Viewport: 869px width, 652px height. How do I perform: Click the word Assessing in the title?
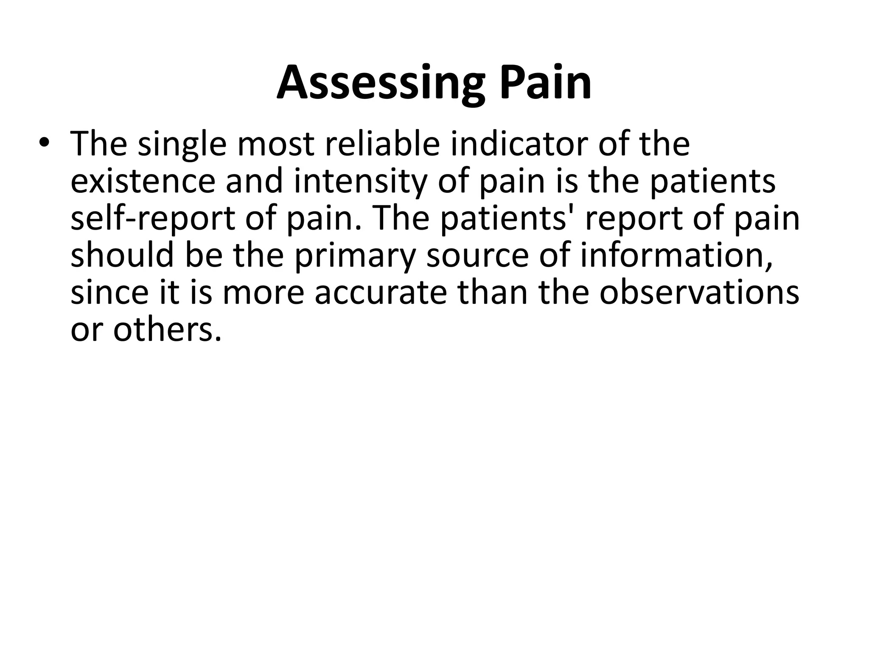(x=380, y=84)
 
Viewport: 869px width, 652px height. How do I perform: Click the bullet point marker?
(x=43, y=143)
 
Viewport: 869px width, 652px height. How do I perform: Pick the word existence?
(x=143, y=181)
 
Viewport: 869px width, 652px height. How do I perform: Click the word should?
(x=122, y=255)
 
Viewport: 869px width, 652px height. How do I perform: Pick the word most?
(x=276, y=145)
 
